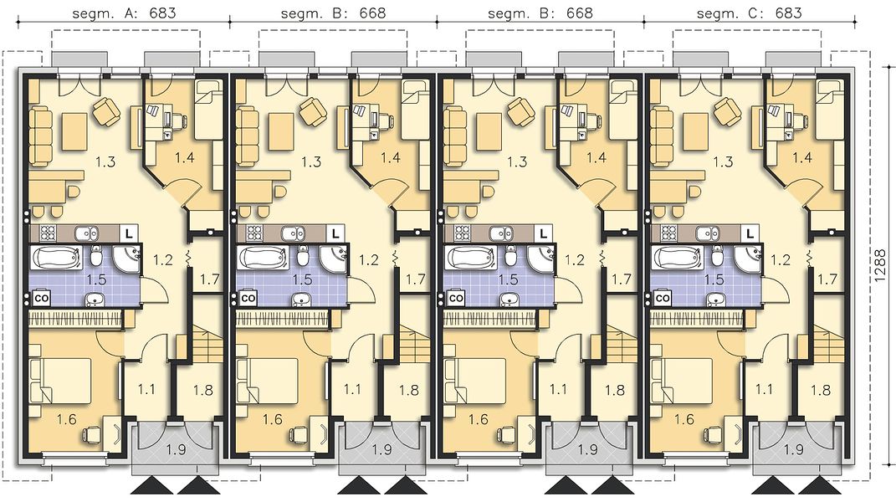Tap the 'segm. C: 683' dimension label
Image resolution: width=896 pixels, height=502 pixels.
749,13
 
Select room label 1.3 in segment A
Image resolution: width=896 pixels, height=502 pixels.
105,161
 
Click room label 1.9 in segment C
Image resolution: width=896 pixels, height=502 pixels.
794,450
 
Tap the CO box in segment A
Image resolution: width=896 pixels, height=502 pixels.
41,298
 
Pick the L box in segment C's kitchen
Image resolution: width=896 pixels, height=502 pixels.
750,233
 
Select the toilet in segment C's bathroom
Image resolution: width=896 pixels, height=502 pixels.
718,258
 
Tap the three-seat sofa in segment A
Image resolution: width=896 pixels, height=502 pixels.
40,136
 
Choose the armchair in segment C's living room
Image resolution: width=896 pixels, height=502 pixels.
726,111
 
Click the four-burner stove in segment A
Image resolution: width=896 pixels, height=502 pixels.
46,233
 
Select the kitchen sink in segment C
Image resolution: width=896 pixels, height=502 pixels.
708,233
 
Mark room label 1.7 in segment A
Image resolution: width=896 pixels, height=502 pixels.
210,279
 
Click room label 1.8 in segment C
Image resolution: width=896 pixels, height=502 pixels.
821,390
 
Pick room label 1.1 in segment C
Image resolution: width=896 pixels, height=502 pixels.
764,390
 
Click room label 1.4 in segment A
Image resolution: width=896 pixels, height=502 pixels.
185,157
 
